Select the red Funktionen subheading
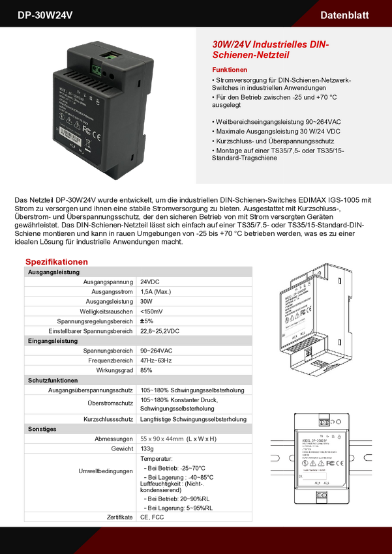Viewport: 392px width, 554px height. coord(230,69)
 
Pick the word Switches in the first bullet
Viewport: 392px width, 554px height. coord(230,88)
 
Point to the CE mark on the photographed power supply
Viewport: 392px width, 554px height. coord(96,136)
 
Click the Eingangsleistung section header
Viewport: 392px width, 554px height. coord(53,341)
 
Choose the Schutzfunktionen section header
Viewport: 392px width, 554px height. coord(53,380)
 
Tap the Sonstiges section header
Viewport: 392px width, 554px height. coord(42,430)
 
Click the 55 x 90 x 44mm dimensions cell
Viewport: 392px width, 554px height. coord(162,439)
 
